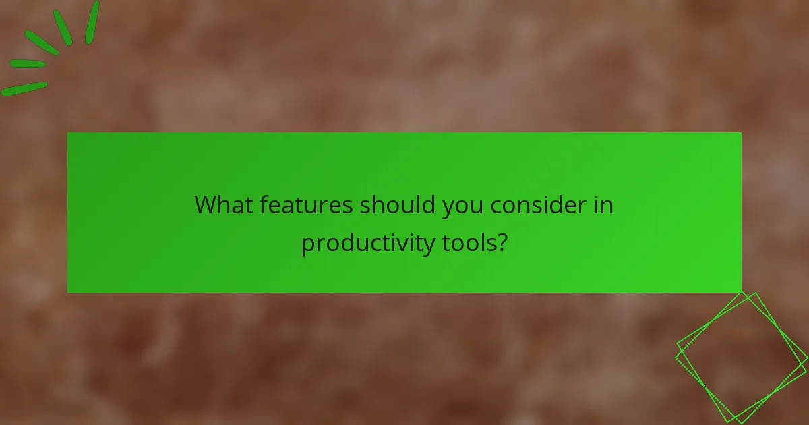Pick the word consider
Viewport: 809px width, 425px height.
538,205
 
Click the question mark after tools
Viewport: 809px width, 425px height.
501,242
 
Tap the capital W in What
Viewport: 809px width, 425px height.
204,205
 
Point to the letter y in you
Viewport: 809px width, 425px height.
448,208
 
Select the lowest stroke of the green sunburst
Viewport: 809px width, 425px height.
24,89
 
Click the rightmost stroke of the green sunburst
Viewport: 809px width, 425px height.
92,22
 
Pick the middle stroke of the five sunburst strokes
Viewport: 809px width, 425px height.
41,42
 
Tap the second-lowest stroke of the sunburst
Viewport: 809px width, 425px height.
28,64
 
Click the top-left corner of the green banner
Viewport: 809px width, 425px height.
68,133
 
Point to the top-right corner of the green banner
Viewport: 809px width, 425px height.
740,133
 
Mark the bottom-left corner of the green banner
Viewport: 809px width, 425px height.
68,291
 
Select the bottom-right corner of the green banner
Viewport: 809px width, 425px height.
740,291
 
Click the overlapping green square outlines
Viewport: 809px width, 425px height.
741,358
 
